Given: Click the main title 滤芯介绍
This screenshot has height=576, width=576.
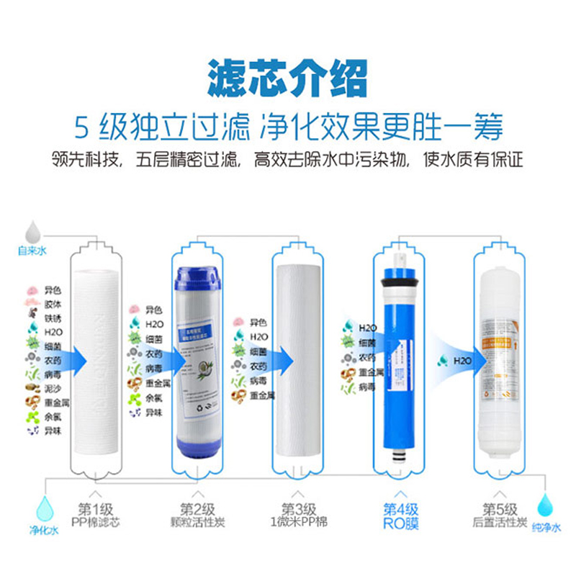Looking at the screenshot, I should point(287,77).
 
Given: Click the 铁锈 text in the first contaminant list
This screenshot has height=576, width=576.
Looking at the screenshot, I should point(53,316).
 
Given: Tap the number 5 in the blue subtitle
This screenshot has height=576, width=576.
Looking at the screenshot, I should point(84,127).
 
